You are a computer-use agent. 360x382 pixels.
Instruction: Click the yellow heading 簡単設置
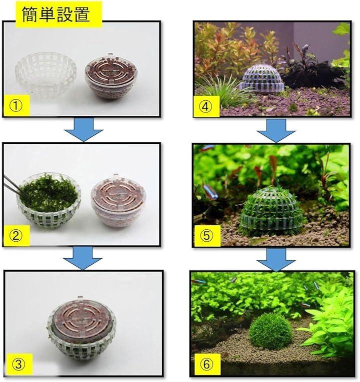(56, 14)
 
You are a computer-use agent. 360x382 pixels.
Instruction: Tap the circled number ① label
(16, 106)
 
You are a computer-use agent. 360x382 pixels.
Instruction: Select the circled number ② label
(16, 236)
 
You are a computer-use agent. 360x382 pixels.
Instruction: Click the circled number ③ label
(19, 364)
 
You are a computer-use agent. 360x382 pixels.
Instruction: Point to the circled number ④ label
(205, 106)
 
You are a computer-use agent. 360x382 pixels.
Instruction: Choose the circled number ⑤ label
(206, 236)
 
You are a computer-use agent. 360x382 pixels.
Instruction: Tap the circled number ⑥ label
(206, 364)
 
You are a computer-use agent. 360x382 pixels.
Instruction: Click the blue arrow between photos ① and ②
(83, 130)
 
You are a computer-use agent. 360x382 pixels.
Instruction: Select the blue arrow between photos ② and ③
(82, 258)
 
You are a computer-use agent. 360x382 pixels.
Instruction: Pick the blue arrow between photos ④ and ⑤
(276, 131)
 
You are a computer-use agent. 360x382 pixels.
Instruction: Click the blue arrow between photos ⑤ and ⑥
(276, 260)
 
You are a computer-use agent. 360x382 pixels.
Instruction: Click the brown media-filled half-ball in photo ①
(111, 76)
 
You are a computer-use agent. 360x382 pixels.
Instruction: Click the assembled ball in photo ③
(81, 329)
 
